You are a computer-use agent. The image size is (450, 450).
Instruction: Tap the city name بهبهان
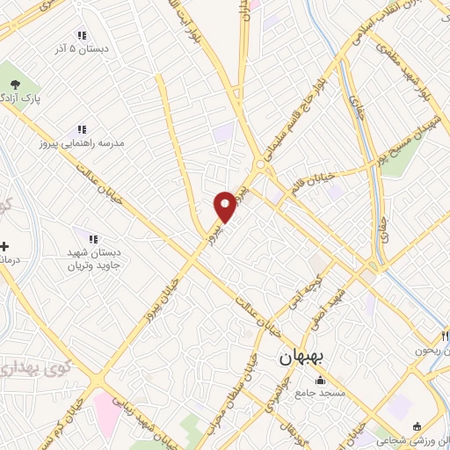coord(302,359)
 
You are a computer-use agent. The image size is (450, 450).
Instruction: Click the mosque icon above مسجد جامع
coord(318,381)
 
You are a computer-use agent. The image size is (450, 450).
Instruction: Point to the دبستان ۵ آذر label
coord(80,50)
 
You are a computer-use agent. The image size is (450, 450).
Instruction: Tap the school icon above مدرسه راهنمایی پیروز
coord(81,129)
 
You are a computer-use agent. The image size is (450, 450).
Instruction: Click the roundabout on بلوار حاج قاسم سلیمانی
coord(260,165)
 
